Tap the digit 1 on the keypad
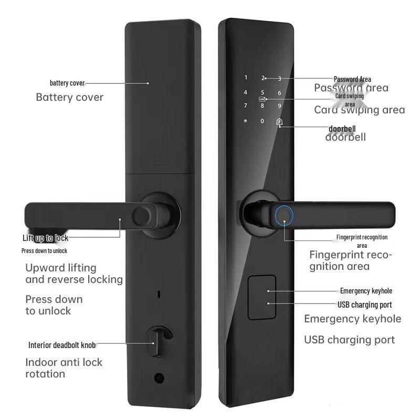245,78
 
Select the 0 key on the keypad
262,121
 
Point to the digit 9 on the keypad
280,106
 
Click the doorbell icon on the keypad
280,122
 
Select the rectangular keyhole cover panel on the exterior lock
261,297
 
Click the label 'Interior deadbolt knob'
61,345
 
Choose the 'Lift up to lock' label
45,238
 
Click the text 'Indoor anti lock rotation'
64,368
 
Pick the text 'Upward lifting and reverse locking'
74,274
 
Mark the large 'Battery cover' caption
69,97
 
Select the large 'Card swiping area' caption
359,110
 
